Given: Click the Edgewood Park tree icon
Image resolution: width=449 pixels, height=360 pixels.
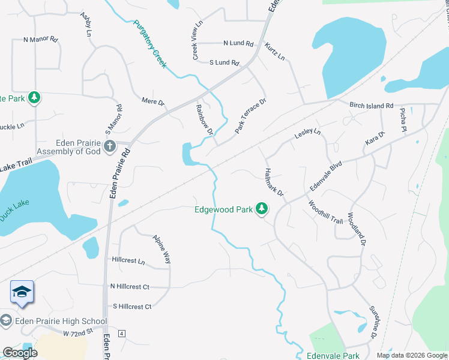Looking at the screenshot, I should [261, 209].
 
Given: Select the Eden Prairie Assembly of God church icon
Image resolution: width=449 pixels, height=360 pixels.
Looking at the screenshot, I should [109, 146].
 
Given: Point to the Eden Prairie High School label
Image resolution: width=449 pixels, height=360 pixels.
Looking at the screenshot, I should [53, 321].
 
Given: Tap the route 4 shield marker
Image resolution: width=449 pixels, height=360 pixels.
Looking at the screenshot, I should [122, 333].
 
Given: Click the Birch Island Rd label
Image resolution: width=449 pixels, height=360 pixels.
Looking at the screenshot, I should [371, 105].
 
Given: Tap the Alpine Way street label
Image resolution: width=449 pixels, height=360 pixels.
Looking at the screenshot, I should [162, 248].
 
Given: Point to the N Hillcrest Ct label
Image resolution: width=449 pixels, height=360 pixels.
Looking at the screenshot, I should [129, 287].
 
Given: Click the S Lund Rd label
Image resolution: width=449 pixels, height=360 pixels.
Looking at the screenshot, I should [224, 62].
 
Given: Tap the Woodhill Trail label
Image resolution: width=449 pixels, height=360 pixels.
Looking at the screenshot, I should [325, 212].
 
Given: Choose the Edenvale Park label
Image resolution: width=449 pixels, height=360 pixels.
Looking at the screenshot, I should [332, 356].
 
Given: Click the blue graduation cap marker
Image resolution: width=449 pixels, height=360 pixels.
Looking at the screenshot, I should [22, 292].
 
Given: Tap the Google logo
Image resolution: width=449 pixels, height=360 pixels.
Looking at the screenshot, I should [20, 353].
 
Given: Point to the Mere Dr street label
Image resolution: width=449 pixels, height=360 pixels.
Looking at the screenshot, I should [152, 101].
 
